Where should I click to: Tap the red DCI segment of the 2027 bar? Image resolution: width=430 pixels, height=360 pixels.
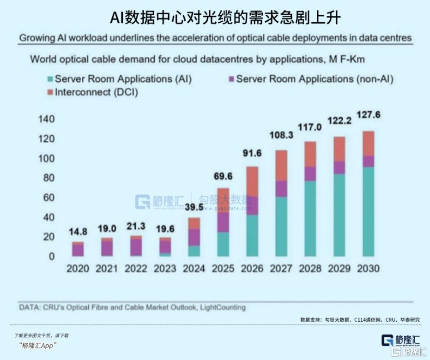point(282,165)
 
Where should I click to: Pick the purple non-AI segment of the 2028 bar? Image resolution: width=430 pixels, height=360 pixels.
point(310,174)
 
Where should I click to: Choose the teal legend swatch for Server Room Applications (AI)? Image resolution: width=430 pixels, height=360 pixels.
point(49,79)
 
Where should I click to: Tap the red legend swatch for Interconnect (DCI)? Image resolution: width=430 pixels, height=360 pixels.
point(49,92)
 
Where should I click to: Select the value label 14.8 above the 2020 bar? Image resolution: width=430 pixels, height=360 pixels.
point(78,232)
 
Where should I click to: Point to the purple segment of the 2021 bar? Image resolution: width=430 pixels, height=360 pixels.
point(107,248)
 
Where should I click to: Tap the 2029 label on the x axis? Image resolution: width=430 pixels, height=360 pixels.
point(339,269)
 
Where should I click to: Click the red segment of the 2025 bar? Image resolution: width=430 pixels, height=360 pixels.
point(224,200)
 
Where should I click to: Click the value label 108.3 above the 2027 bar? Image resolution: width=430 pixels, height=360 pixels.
point(282,137)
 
